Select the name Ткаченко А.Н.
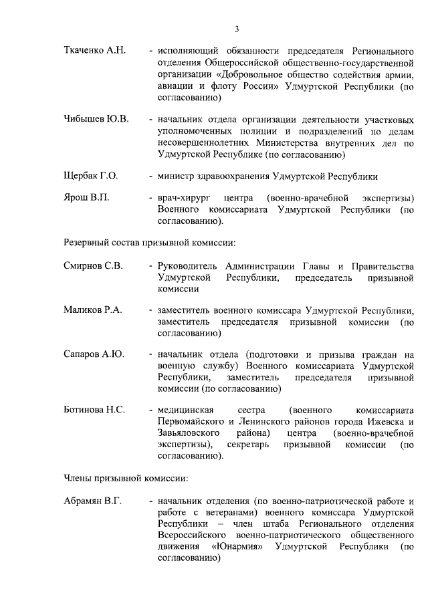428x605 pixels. [x=94, y=51]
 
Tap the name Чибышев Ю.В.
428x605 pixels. [x=96, y=119]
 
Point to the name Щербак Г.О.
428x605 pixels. [x=90, y=176]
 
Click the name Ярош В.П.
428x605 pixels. [x=86, y=199]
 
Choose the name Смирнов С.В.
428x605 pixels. [x=93, y=266]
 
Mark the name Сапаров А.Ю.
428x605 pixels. [x=94, y=355]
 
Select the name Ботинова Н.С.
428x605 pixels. [x=94, y=410]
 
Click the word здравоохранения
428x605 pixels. [x=228, y=176]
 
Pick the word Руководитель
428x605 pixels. [x=187, y=266]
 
